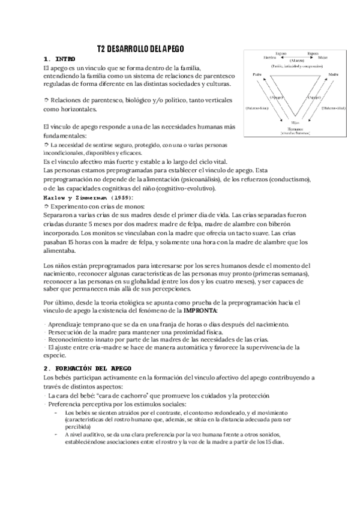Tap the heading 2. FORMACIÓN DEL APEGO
91,367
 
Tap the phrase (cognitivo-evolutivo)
186,188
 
